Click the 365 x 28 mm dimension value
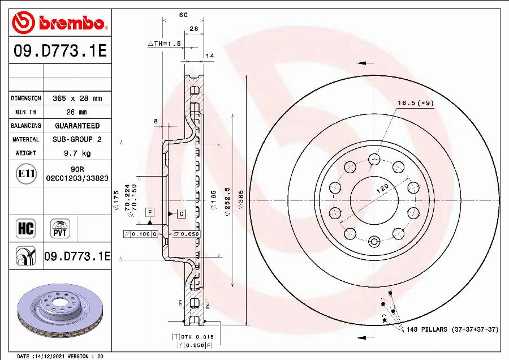point(77,98)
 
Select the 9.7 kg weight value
point(77,153)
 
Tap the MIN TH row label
point(26,112)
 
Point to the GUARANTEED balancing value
point(77,126)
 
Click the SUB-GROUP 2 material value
point(77,139)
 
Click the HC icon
point(26,229)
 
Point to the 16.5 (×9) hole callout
point(415,103)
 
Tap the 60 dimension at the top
point(183,15)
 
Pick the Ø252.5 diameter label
point(227,199)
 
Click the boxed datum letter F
point(150,212)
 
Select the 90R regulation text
point(77,169)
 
